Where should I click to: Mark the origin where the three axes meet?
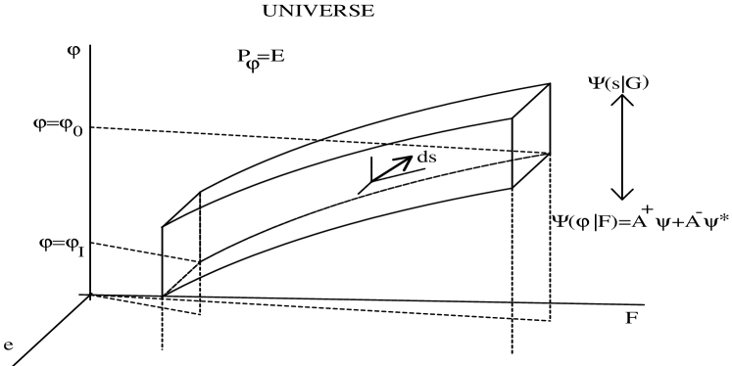coord(90,294)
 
